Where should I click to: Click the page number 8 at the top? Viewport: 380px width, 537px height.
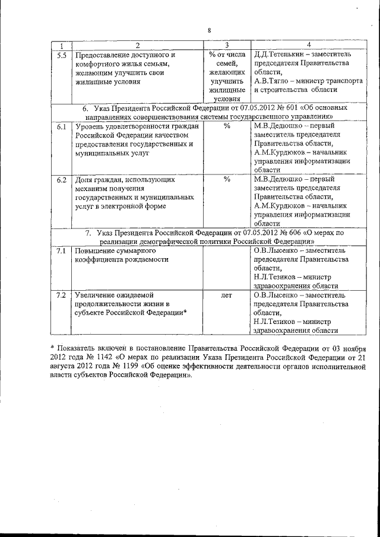[209, 30]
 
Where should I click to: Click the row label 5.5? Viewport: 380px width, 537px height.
[61, 55]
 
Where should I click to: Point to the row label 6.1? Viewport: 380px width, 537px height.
[61, 126]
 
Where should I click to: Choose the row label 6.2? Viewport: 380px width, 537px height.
[61, 179]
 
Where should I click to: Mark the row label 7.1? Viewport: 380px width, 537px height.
[61, 251]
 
